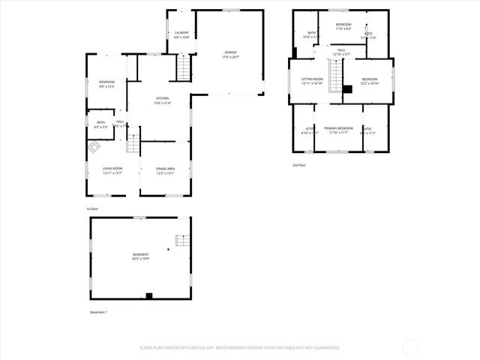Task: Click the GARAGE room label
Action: (x=229, y=52)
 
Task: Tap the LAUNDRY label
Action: (x=181, y=34)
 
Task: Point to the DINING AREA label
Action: (x=166, y=169)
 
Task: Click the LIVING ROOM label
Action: (x=112, y=169)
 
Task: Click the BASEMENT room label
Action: (x=140, y=255)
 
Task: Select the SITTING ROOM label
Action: (x=312, y=79)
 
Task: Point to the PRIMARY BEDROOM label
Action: (x=339, y=128)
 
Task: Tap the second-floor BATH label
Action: (x=311, y=33)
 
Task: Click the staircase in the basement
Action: (x=181, y=240)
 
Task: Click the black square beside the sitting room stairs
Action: (x=347, y=89)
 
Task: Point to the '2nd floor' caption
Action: (x=299, y=165)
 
